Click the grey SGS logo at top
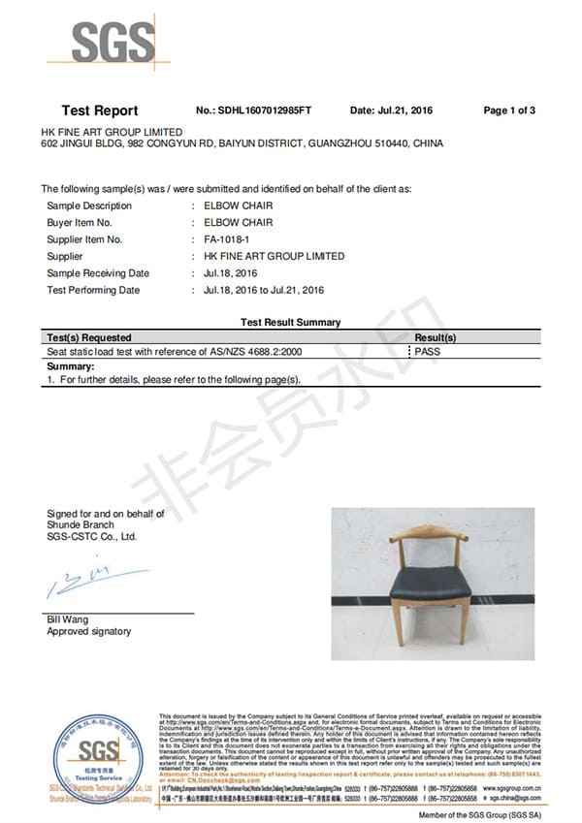tap(113, 43)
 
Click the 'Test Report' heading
tap(100, 111)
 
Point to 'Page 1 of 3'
tap(509, 111)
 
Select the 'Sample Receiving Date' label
tap(98, 273)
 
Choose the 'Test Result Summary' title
tap(290, 322)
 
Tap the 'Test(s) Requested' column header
tap(89, 337)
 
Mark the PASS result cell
tap(427, 351)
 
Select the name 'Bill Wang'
tap(68, 619)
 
